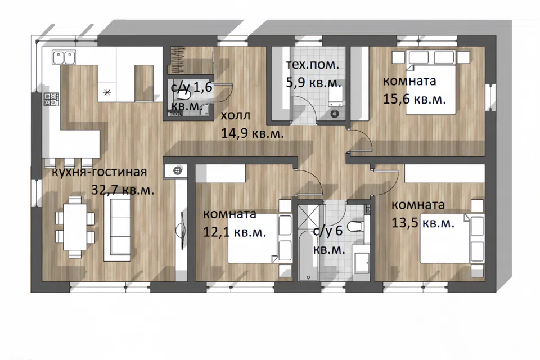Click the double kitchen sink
(x=64, y=57)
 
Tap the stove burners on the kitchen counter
(x=51, y=99)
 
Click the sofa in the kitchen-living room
(x=118, y=228)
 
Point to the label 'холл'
(x=236, y=115)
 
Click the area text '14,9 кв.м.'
(x=253, y=133)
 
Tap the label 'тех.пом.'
(x=313, y=65)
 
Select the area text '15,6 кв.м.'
(x=415, y=99)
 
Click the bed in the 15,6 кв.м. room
(x=431, y=82)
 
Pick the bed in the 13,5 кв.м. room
(x=452, y=238)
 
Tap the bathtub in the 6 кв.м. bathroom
(x=309, y=255)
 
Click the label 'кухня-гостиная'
(x=99, y=172)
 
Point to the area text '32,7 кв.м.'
(x=123, y=190)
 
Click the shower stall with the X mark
(x=309, y=217)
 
